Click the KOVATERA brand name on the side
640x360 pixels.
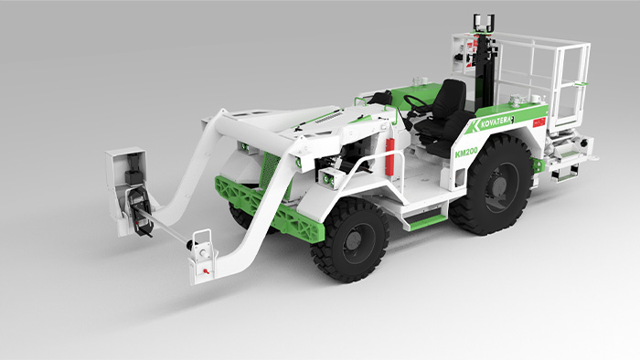click(x=495, y=122)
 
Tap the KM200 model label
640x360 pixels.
click(x=466, y=153)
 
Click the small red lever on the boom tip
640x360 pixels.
click(x=207, y=270)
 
